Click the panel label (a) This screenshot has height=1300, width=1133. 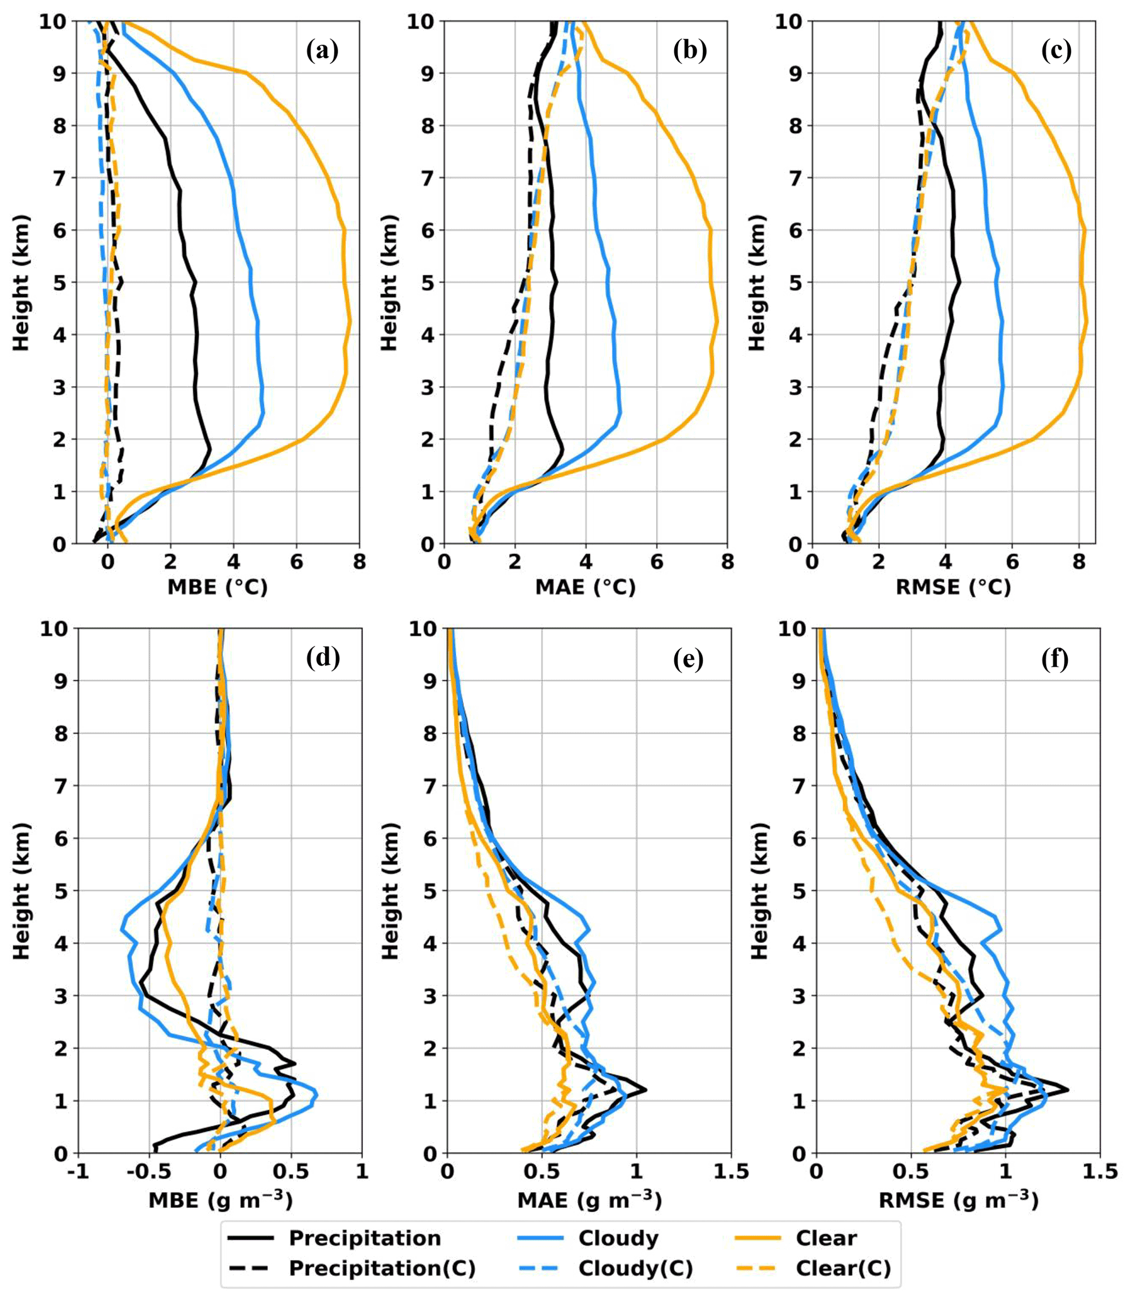coord(322,50)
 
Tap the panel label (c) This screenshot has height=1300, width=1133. coord(1056,50)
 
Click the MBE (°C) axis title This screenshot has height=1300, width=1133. coord(218,587)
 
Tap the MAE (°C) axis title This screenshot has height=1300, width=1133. coord(585,587)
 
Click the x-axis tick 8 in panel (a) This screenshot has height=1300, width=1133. coord(359,561)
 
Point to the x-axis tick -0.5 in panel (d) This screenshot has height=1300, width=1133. coord(149,1171)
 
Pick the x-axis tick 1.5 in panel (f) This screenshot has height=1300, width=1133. coord(1099,1171)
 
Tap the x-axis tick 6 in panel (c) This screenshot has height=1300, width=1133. coord(1012,561)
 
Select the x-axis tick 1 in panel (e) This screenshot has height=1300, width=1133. coord(637,1171)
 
